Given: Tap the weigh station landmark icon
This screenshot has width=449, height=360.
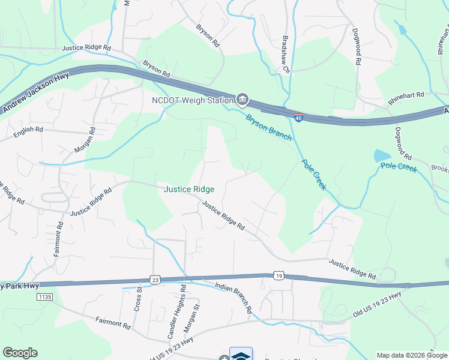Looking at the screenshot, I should tap(243, 98).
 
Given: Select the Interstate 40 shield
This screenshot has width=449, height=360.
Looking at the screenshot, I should tap(298, 118).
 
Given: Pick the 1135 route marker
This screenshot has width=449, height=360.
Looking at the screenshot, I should tap(44, 296).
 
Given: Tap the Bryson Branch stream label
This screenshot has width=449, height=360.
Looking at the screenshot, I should tap(268, 126).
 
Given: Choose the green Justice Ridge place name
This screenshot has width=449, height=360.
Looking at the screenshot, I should tap(189, 189).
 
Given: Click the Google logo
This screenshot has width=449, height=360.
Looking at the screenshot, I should tap(20, 353).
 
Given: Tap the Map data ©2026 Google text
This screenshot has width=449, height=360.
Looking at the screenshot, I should tap(412, 355).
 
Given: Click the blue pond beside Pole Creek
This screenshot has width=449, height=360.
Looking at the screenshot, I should tap(382, 156).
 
